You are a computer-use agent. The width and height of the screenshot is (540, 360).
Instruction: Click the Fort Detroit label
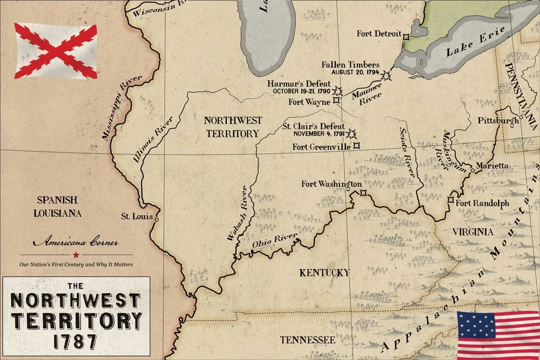(379, 33)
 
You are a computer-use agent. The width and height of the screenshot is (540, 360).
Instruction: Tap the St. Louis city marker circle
(157, 220)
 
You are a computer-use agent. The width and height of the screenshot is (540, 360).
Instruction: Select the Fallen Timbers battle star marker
(386, 76)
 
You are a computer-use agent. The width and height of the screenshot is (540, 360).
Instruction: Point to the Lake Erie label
(475, 42)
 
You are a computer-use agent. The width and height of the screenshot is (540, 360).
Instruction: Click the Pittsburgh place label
(498, 121)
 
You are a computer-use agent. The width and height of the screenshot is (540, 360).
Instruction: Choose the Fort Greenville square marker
(356, 146)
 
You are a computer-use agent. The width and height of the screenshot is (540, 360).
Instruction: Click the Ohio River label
(275, 241)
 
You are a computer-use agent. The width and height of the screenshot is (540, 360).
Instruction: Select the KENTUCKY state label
(325, 273)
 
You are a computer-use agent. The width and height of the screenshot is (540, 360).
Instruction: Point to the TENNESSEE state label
(307, 339)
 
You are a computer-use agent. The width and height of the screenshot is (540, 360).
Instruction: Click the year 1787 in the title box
(76, 341)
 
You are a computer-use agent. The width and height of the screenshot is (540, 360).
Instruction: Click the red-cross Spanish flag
(56, 51)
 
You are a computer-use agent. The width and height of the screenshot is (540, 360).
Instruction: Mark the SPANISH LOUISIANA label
(58, 206)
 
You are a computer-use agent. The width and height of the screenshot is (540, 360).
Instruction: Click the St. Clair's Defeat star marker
(352, 133)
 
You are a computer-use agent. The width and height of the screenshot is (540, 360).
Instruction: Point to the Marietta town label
(491, 165)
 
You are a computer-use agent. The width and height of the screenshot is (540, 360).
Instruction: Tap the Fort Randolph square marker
(451, 200)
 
